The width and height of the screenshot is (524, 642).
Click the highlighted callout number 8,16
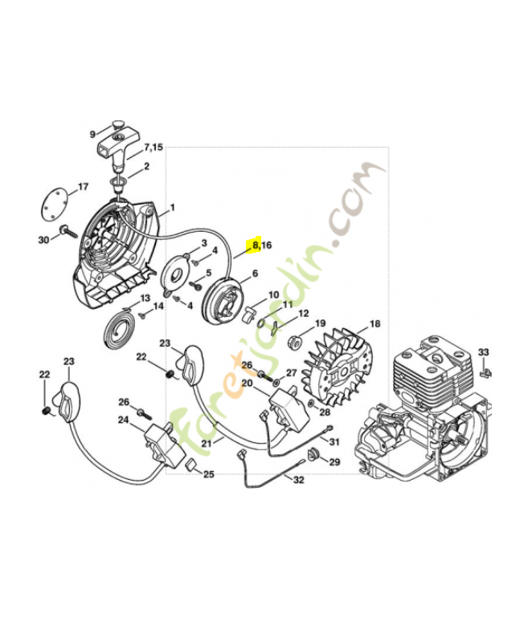pos(261,246)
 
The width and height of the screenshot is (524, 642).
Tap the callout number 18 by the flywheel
pos(375,324)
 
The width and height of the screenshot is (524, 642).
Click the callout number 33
pos(483,352)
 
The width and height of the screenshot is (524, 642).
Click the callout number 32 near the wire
pos(299,481)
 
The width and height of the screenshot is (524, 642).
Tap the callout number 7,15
pos(153,148)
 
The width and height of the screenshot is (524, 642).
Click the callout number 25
pos(208,474)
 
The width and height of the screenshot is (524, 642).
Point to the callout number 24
pos(123,419)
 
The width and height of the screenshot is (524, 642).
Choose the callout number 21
pos(207,443)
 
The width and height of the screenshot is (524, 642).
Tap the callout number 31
pos(334,442)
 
